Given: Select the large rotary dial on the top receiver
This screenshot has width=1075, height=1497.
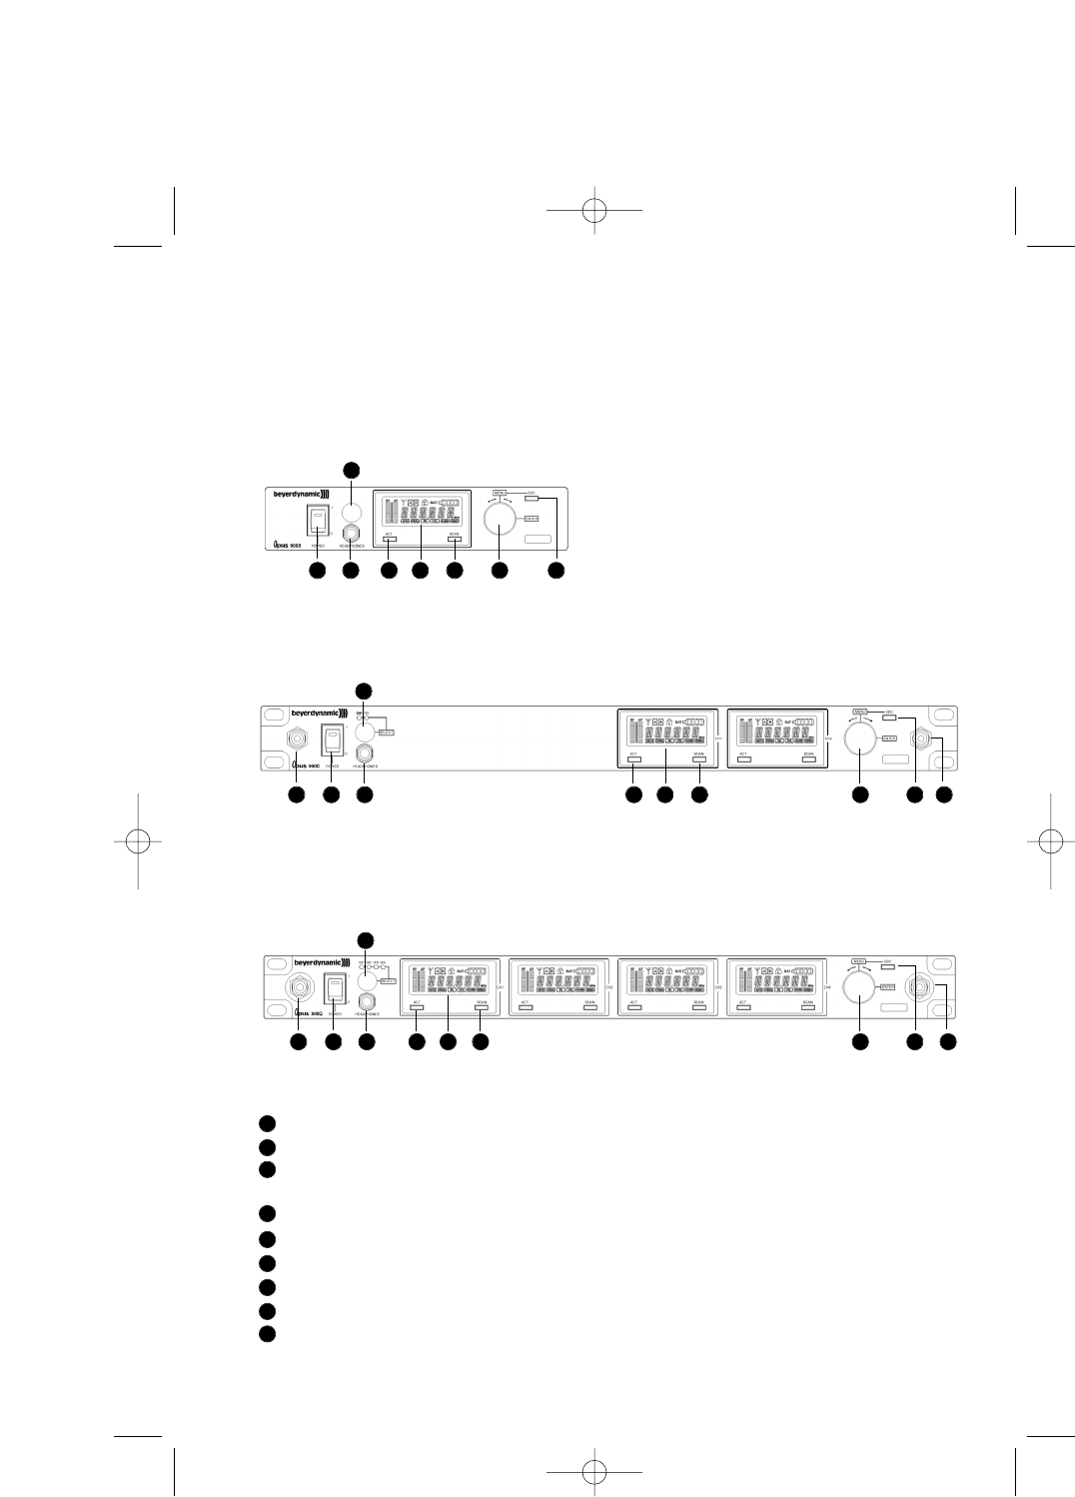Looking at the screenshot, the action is point(500,519).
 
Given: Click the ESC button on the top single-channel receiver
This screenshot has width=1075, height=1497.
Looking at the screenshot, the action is point(531,497).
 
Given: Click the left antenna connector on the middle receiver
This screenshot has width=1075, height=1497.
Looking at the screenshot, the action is point(298,741).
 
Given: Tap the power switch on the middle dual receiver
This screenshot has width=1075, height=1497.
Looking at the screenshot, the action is point(332,741).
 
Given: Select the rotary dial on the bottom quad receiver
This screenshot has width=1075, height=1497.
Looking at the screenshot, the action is point(857,987).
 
